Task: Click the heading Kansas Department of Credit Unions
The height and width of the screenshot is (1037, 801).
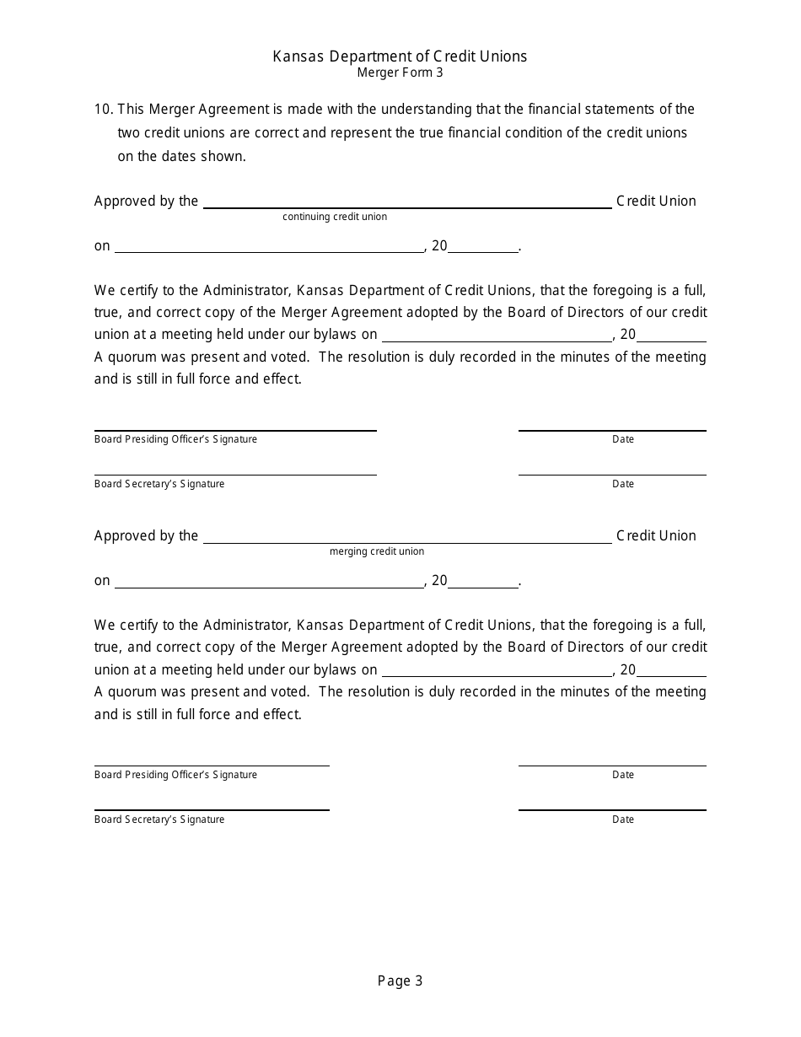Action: click(400, 56)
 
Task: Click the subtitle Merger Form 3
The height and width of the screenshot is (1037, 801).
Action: click(400, 73)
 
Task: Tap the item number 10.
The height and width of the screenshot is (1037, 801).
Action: click(103, 110)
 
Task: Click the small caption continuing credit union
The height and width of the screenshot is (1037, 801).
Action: click(335, 217)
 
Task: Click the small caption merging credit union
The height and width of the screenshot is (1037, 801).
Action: click(377, 551)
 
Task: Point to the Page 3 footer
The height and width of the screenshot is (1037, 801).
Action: click(400, 981)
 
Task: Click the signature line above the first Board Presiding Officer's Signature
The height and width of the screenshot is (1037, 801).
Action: click(235, 429)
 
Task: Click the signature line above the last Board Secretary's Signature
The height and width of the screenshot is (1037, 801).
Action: click(212, 809)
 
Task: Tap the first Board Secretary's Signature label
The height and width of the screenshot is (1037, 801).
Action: click(159, 484)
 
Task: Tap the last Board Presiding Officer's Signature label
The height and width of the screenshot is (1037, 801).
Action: click(175, 775)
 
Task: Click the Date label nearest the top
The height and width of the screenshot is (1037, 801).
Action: click(623, 439)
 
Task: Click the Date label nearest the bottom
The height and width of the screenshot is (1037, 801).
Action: click(623, 819)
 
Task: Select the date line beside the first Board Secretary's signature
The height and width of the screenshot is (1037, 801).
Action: click(612, 474)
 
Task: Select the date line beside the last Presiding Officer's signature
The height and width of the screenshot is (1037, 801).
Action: click(612, 765)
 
